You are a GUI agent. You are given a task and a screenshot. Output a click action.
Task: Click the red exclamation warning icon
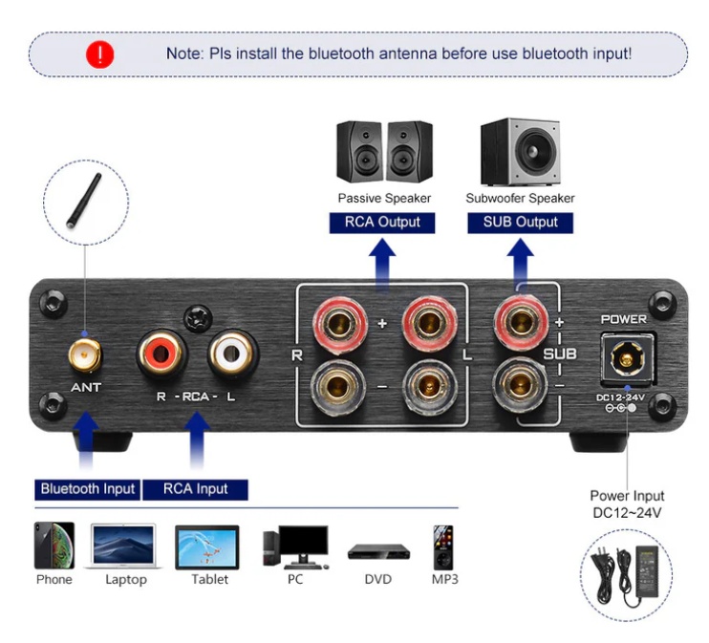[x=99, y=54]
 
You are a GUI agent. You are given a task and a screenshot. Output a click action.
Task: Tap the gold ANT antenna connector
[x=84, y=356]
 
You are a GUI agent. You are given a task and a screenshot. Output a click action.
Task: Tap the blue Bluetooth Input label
[x=88, y=489]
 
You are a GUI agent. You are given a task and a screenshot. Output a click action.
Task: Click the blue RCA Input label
[x=195, y=489]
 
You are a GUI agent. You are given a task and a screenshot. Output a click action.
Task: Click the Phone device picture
[x=54, y=547]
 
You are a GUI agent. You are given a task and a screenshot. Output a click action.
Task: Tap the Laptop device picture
[x=125, y=547]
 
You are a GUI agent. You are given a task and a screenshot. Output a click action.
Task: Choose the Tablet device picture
[x=207, y=547]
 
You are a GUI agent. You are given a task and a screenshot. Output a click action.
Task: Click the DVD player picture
[x=378, y=551]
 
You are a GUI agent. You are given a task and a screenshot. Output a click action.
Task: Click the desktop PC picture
[x=295, y=547]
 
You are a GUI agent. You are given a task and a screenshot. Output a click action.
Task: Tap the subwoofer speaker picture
[x=520, y=153]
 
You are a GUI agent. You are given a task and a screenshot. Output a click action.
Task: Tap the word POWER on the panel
[x=623, y=319]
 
